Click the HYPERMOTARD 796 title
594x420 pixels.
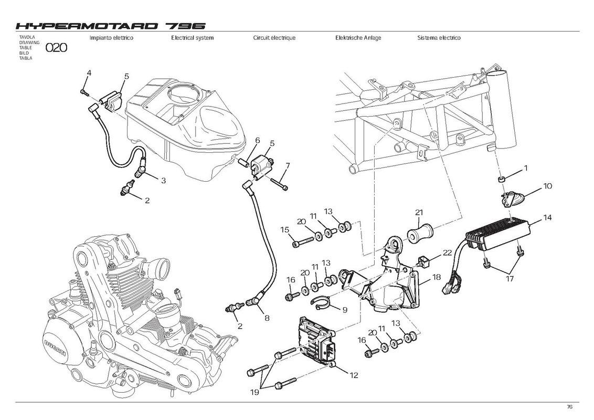[x=111, y=26]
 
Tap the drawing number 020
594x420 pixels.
[x=57, y=48]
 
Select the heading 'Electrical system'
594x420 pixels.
[x=193, y=38]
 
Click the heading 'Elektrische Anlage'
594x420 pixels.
[x=358, y=38]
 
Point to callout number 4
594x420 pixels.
[x=89, y=73]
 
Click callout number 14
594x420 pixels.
[x=547, y=217]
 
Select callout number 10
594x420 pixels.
[x=547, y=186]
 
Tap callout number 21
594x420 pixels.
[x=419, y=213]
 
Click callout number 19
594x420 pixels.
[x=254, y=392]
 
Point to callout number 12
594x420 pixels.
[x=354, y=375]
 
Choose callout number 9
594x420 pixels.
[x=345, y=310]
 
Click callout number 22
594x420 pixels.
[x=448, y=253]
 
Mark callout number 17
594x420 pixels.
[x=510, y=279]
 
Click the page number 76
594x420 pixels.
[x=569, y=407]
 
